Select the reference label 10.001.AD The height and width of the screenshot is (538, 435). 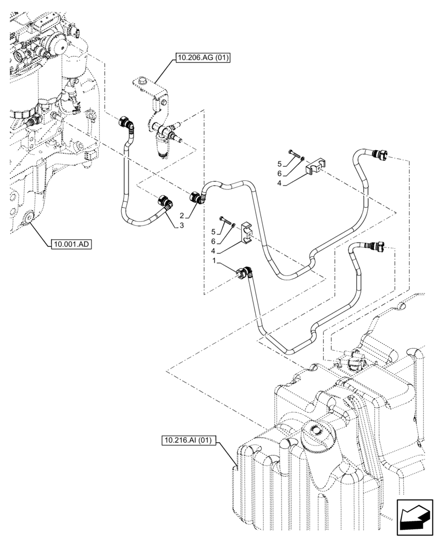[x=72, y=244]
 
